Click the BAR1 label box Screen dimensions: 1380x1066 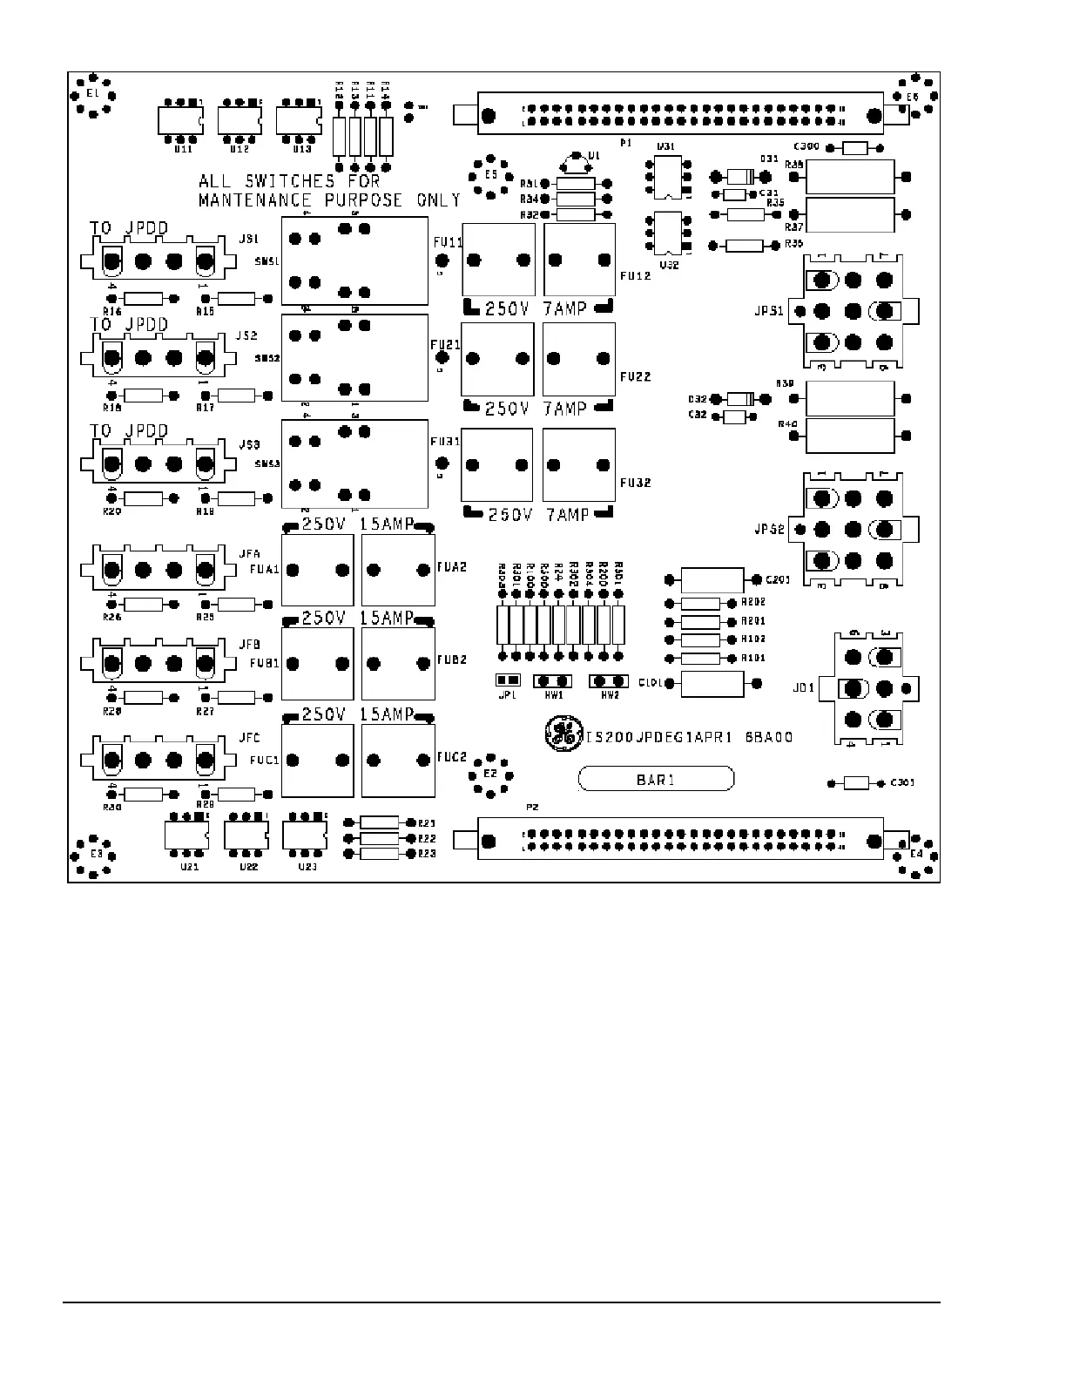tap(656, 780)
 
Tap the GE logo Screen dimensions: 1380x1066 tap(562, 734)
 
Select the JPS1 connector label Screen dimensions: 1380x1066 tap(769, 311)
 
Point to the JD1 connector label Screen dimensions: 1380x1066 tap(803, 687)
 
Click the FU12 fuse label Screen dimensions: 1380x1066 tap(635, 276)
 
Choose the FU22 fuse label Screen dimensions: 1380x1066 tap(635, 376)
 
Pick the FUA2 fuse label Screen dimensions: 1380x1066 tap(452, 567)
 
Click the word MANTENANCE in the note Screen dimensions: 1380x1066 tap(254, 200)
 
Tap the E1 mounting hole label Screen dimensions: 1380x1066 tap(92, 93)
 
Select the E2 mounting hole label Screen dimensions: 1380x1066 tap(489, 773)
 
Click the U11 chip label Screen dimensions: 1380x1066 tap(183, 150)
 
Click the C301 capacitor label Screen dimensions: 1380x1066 tap(902, 782)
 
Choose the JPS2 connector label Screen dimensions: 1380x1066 tap(769, 529)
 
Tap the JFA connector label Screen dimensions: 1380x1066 tap(249, 554)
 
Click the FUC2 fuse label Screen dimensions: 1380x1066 tap(452, 755)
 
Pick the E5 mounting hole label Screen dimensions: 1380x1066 tap(491, 175)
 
